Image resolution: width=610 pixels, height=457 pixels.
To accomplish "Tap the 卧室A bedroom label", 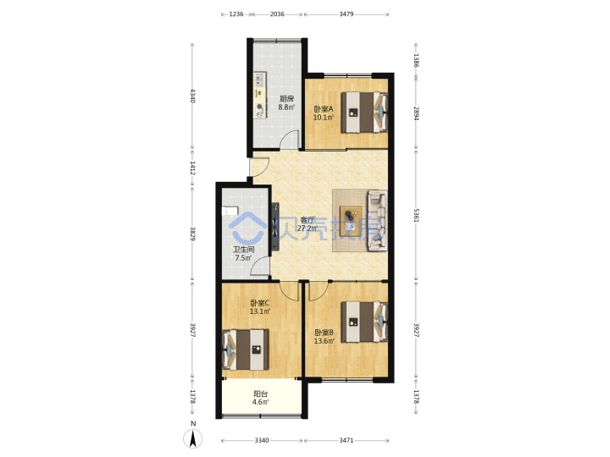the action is (x=324, y=109).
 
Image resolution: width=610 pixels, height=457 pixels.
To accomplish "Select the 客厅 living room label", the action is (x=307, y=220).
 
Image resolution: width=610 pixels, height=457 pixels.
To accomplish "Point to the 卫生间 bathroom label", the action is (x=243, y=250).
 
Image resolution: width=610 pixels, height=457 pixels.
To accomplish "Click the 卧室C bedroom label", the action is (x=260, y=303).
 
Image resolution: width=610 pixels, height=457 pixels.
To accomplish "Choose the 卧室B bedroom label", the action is (x=324, y=333).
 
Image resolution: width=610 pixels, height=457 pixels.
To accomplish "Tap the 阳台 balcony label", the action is (x=260, y=394).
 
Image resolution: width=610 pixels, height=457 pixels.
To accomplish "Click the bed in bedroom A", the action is (x=364, y=113).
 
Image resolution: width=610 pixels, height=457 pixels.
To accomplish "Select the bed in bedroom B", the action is (x=364, y=322).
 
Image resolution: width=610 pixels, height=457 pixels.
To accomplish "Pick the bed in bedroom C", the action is (x=246, y=350).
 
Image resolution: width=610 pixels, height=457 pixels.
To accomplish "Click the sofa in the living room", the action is (x=377, y=220).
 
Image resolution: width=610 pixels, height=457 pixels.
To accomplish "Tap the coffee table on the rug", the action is (x=351, y=221).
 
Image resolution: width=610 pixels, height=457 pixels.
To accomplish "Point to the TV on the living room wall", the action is (x=275, y=227).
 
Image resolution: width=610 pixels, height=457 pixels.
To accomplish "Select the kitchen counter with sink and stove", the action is (x=259, y=96).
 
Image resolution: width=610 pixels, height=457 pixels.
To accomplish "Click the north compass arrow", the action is (x=193, y=438).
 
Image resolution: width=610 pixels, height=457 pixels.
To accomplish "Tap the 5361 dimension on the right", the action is (x=416, y=215).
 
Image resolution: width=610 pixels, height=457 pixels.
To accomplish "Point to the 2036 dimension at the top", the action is (x=277, y=14).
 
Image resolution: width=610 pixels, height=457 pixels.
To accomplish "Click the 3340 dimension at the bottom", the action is (x=262, y=440).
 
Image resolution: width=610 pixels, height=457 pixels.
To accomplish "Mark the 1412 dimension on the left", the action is (x=192, y=168).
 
